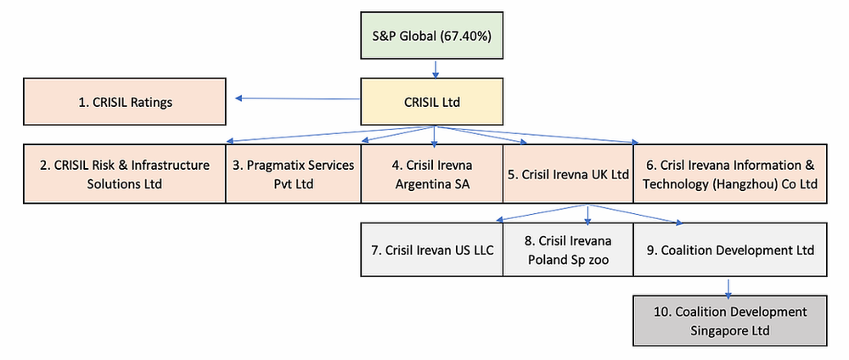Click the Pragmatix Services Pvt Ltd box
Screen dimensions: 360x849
pyautogui.click(x=293, y=174)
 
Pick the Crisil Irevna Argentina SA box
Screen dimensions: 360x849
pyautogui.click(x=432, y=174)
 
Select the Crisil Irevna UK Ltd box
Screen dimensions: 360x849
pyautogui.click(x=568, y=174)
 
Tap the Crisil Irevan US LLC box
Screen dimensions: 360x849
pyautogui.click(x=433, y=250)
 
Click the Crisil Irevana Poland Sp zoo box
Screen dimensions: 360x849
pyautogui.click(x=568, y=250)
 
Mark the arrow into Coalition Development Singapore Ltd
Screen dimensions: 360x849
pyautogui.click(x=728, y=286)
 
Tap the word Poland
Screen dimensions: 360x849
pyautogui.click(x=546, y=259)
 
